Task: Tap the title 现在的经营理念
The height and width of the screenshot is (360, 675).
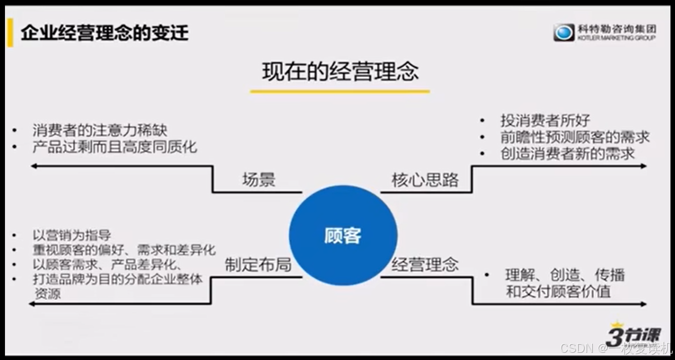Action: click(340, 71)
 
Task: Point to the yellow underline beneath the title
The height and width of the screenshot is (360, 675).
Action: click(340, 91)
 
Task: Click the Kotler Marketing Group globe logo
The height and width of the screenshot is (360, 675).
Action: click(564, 33)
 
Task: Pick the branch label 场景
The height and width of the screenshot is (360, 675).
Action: click(258, 180)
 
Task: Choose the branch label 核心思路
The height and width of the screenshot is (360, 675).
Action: click(425, 180)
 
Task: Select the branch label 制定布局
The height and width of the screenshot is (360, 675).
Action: click(258, 265)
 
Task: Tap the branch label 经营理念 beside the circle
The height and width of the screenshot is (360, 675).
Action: click(425, 264)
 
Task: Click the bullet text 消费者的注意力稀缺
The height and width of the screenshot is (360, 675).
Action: click(100, 131)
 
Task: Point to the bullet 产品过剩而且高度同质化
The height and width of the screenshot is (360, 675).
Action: click(115, 147)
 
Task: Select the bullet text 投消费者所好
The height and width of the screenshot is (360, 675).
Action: click(545, 121)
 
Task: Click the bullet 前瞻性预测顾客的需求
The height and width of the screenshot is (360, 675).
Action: click(575, 137)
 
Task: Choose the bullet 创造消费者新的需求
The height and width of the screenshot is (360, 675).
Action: click(567, 154)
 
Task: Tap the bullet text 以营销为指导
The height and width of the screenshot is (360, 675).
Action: click(72, 235)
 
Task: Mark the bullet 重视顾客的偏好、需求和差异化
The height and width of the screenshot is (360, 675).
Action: click(124, 250)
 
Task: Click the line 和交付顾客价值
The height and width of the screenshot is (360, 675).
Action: click(558, 291)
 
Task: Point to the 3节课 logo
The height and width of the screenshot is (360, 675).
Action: click(633, 335)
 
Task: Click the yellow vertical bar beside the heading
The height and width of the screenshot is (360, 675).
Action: click(10, 33)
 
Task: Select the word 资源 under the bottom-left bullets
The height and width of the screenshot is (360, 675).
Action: click(47, 294)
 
